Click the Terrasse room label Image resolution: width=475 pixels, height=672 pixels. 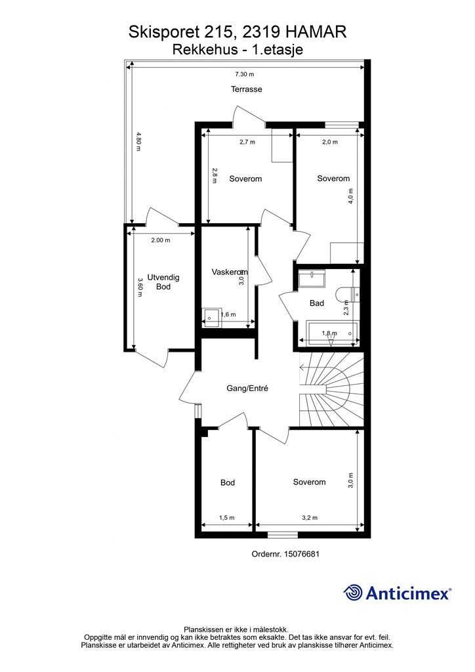[246, 89]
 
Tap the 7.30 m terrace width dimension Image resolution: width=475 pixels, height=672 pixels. [245, 74]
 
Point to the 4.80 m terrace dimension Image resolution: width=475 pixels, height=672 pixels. [138, 142]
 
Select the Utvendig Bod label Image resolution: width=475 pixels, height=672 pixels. [163, 282]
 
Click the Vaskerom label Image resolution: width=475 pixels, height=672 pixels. [230, 272]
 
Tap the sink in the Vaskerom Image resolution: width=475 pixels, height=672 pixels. [211, 318]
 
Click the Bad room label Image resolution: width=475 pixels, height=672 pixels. [317, 303]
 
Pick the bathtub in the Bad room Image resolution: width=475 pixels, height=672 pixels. [333, 333]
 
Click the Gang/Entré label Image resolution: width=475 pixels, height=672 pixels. [247, 388]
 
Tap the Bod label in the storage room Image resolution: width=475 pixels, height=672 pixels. [228, 482]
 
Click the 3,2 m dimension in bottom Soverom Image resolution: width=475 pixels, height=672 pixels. [310, 518]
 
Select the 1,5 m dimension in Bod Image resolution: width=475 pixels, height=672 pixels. [226, 518]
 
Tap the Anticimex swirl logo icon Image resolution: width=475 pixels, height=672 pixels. [352, 593]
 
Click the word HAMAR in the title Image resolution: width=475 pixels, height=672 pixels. [316, 32]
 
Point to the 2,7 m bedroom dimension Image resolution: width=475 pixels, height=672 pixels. [247, 142]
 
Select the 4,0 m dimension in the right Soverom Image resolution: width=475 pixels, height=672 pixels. [351, 196]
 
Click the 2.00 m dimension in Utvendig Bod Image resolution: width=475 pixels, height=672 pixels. [161, 240]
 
